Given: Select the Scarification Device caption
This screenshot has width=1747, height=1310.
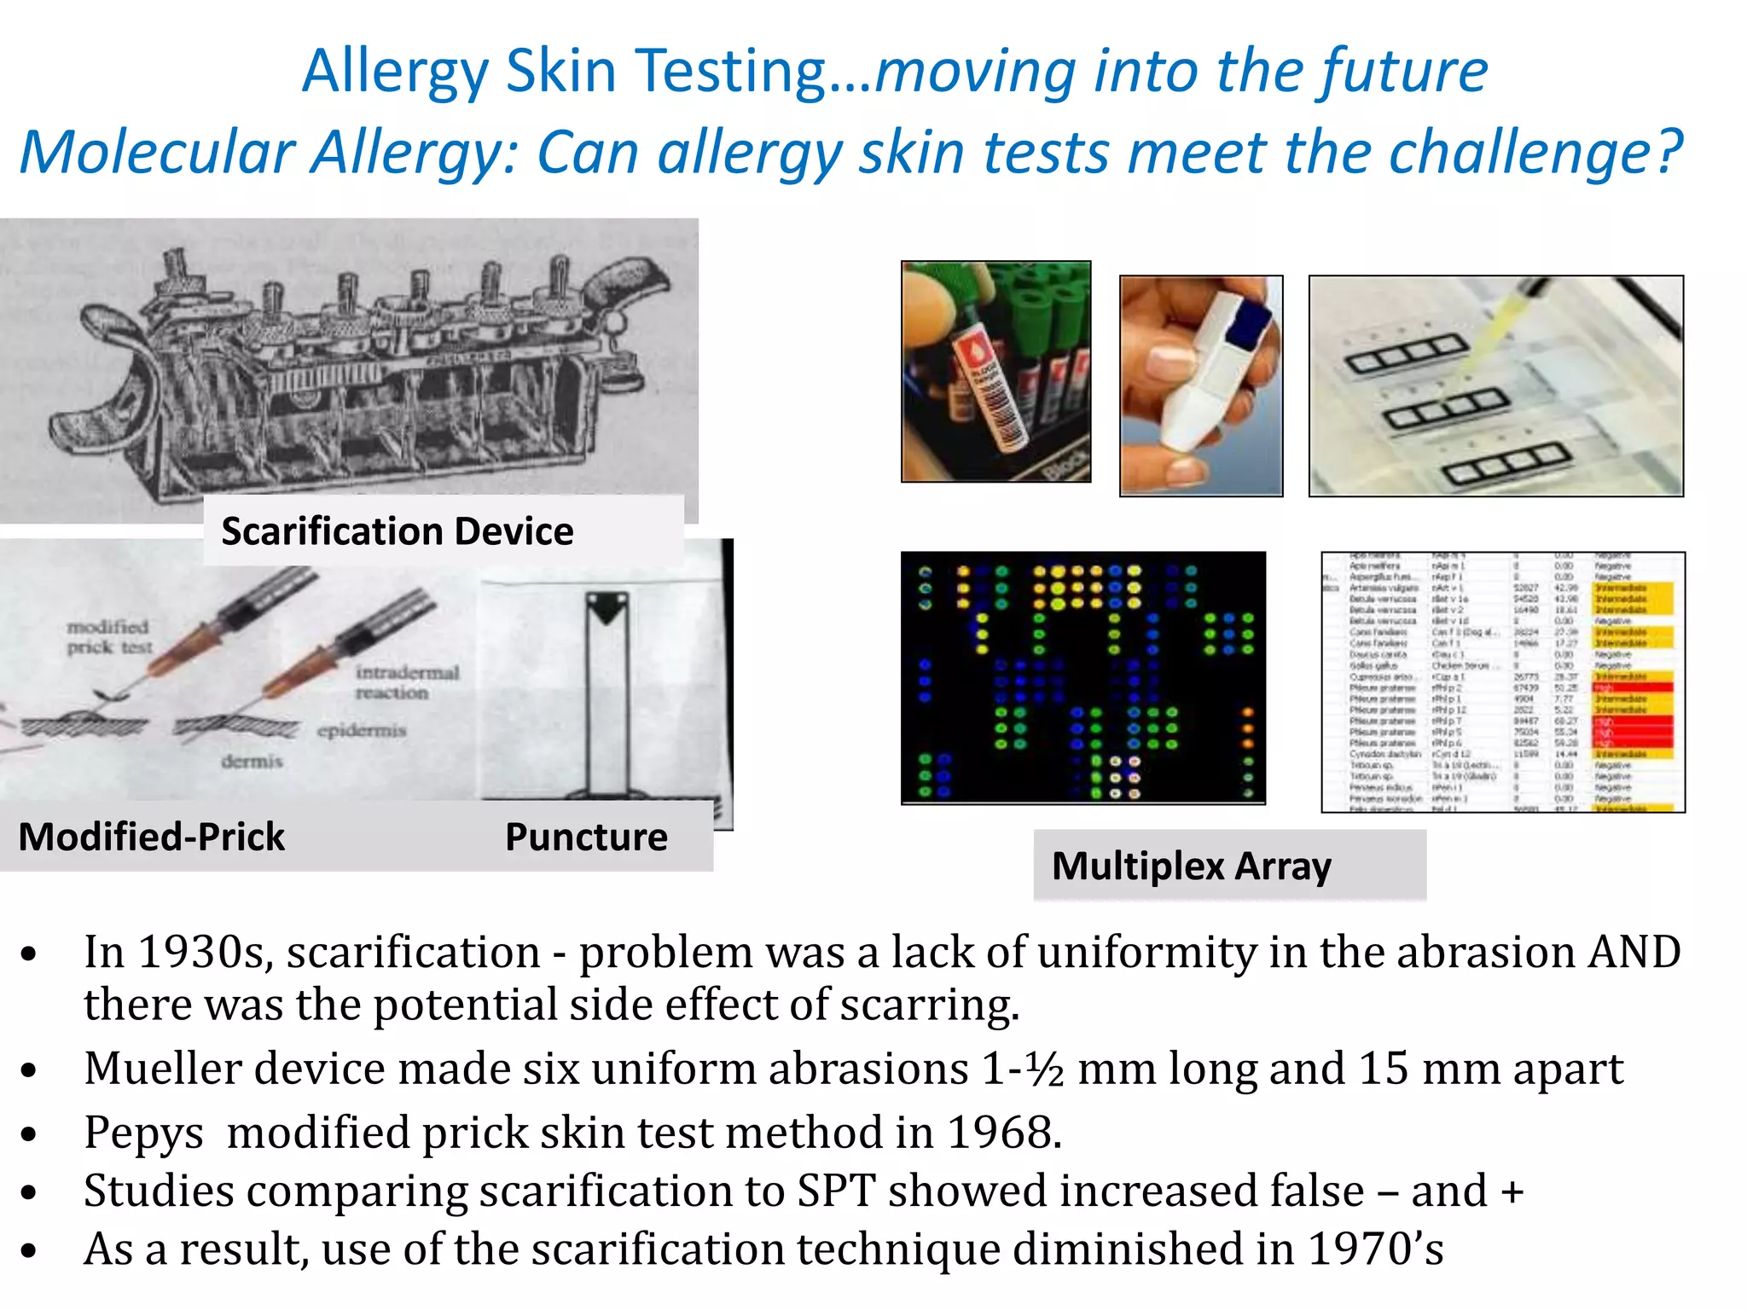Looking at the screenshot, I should [x=398, y=531].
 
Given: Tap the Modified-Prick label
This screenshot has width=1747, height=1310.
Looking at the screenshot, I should [x=151, y=837].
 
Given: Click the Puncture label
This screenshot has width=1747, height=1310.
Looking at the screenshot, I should [x=586, y=837].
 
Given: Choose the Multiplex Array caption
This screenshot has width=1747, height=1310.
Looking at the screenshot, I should [x=1191, y=867].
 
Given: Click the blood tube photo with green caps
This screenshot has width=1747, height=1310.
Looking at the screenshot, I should [x=995, y=372].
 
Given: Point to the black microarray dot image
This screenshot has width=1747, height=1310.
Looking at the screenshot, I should [x=1083, y=678].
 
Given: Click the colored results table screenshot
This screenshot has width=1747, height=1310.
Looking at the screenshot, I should [x=1503, y=682].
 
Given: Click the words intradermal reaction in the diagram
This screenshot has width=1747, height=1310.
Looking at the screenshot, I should [x=406, y=682].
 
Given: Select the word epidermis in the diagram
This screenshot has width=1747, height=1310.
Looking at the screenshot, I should [x=362, y=731].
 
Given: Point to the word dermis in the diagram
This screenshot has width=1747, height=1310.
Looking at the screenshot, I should [x=252, y=761].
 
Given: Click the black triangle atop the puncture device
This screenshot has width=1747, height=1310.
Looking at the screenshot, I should [x=607, y=608].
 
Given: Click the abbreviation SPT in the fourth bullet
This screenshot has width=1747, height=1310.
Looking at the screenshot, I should [x=836, y=1191].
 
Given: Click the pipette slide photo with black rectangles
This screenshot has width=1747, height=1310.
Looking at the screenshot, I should [x=1496, y=385].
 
